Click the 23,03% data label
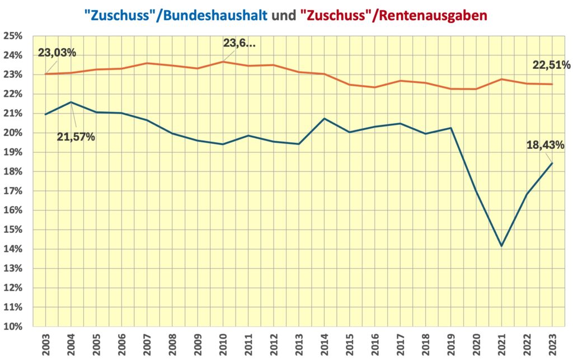click(x=57, y=53)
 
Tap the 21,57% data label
click(x=76, y=136)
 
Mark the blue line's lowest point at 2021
click(x=501, y=246)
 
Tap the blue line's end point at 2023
click(x=552, y=163)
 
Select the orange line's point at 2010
click(x=223, y=62)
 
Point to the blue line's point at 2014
click(x=324, y=119)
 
